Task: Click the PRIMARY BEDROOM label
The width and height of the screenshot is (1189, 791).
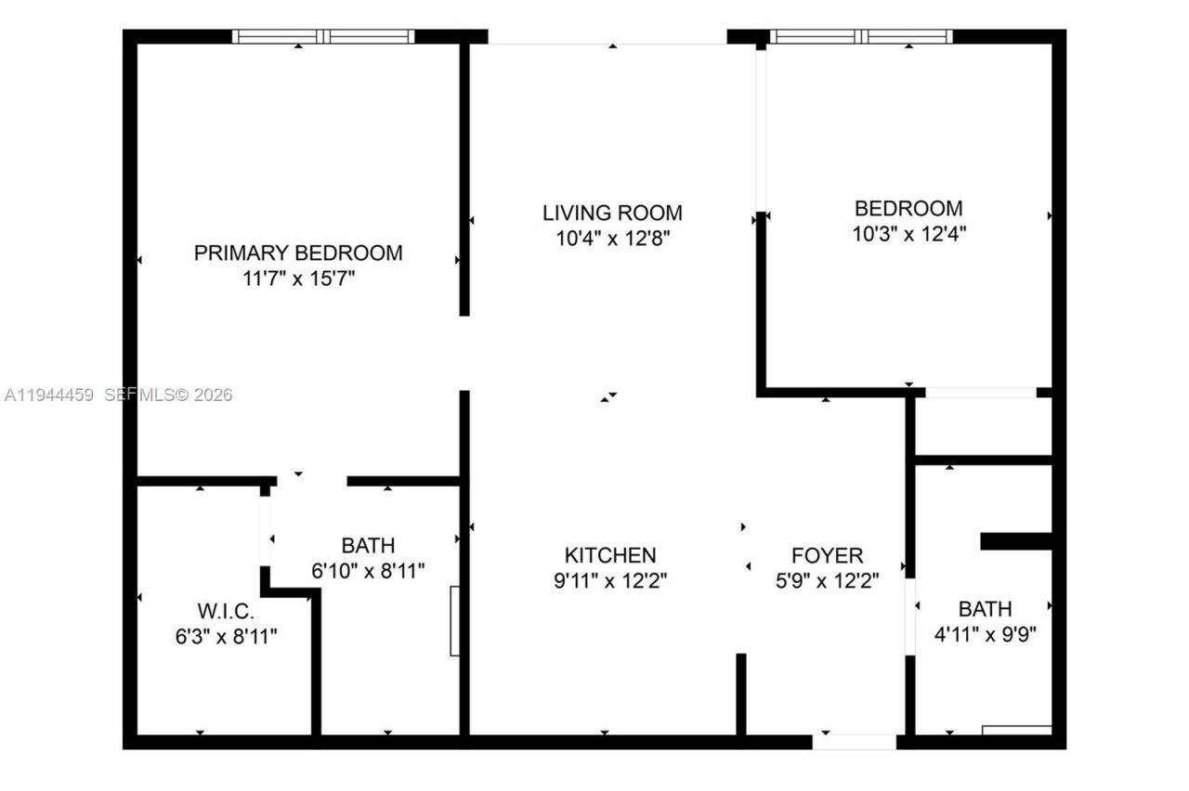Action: pos(298,253)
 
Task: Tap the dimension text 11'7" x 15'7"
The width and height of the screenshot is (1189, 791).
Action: pos(298,279)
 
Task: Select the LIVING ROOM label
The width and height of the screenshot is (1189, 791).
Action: pos(612,213)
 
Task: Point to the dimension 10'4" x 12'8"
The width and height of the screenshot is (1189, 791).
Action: pos(612,239)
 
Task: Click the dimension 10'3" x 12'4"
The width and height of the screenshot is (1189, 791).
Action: pos(908,234)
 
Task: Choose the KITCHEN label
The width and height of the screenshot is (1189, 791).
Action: pos(610,555)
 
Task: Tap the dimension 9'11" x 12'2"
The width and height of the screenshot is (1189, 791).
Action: pos(610,581)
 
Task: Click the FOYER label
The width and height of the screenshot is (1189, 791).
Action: pos(827,555)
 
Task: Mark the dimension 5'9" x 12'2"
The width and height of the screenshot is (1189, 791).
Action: pos(827,581)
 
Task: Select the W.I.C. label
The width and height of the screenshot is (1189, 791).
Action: pos(225,612)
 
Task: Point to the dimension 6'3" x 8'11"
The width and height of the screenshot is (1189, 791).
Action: pos(225,637)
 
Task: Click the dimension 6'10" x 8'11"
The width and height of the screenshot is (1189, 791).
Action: pos(368,570)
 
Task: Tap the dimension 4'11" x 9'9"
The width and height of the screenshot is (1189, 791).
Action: pos(985,635)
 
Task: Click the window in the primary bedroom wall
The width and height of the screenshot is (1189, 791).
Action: pos(323,37)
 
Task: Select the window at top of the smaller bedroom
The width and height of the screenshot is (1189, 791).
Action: pos(862,37)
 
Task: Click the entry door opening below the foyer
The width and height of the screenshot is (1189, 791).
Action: pos(855,742)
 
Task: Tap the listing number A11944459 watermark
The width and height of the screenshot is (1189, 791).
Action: pos(48,395)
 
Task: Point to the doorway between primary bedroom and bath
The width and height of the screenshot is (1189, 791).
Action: pos(312,481)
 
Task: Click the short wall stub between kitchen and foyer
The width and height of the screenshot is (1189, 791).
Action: pos(741,694)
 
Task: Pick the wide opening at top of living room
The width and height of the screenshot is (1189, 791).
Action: pos(608,42)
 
